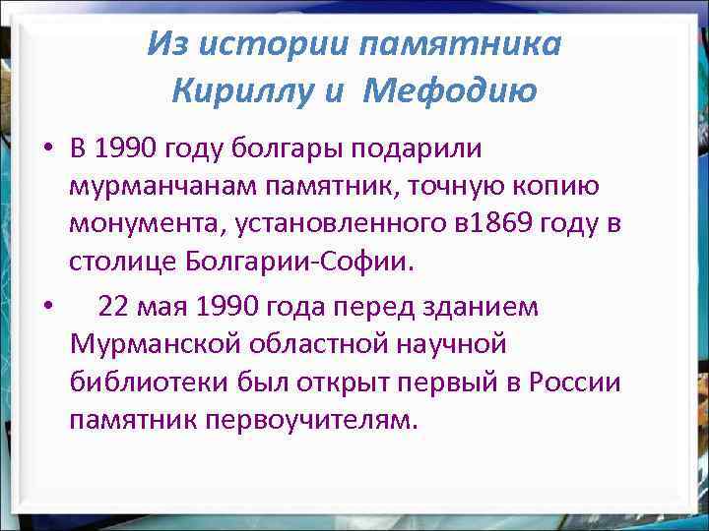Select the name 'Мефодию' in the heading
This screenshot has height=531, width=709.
point(449,91)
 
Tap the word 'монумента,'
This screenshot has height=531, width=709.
point(146,225)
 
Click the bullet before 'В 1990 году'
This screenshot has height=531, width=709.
point(46,150)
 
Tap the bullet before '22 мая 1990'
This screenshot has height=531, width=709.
point(46,307)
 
